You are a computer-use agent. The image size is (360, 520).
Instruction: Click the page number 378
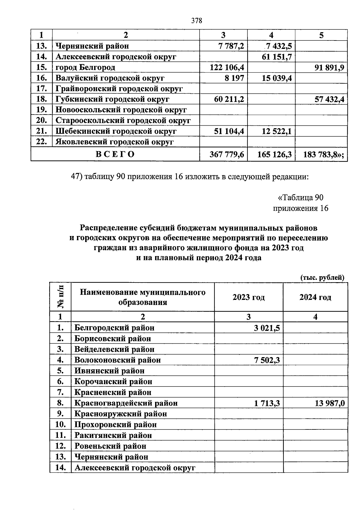tap(197, 21)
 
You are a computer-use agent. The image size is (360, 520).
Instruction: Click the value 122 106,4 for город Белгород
tap(227, 67)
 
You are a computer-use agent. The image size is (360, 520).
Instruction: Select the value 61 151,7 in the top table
tap(277, 57)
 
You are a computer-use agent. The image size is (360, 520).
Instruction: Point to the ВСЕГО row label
tap(115, 154)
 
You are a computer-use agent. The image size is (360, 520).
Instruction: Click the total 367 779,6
tap(227, 154)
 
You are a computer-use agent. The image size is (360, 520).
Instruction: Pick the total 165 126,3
tap(274, 154)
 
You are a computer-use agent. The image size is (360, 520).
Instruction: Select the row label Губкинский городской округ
tap(112, 99)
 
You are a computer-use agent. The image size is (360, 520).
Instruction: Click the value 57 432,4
tap(329, 99)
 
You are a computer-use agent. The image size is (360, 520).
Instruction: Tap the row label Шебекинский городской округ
tap(116, 131)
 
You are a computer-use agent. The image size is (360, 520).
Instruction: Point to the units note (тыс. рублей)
tap(322, 277)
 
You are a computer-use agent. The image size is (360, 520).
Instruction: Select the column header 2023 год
tap(248, 297)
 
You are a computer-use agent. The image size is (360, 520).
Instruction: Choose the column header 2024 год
tap(315, 297)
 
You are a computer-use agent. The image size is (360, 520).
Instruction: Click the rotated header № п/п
tap(60, 297)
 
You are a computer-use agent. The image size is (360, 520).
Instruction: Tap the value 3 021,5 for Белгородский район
tap(267, 328)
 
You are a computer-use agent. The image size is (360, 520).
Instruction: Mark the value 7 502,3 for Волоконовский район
tap(267, 360)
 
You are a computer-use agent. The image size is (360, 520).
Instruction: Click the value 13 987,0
tap(329, 403)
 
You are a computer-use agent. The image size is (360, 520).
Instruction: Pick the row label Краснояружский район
tap(121, 414)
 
